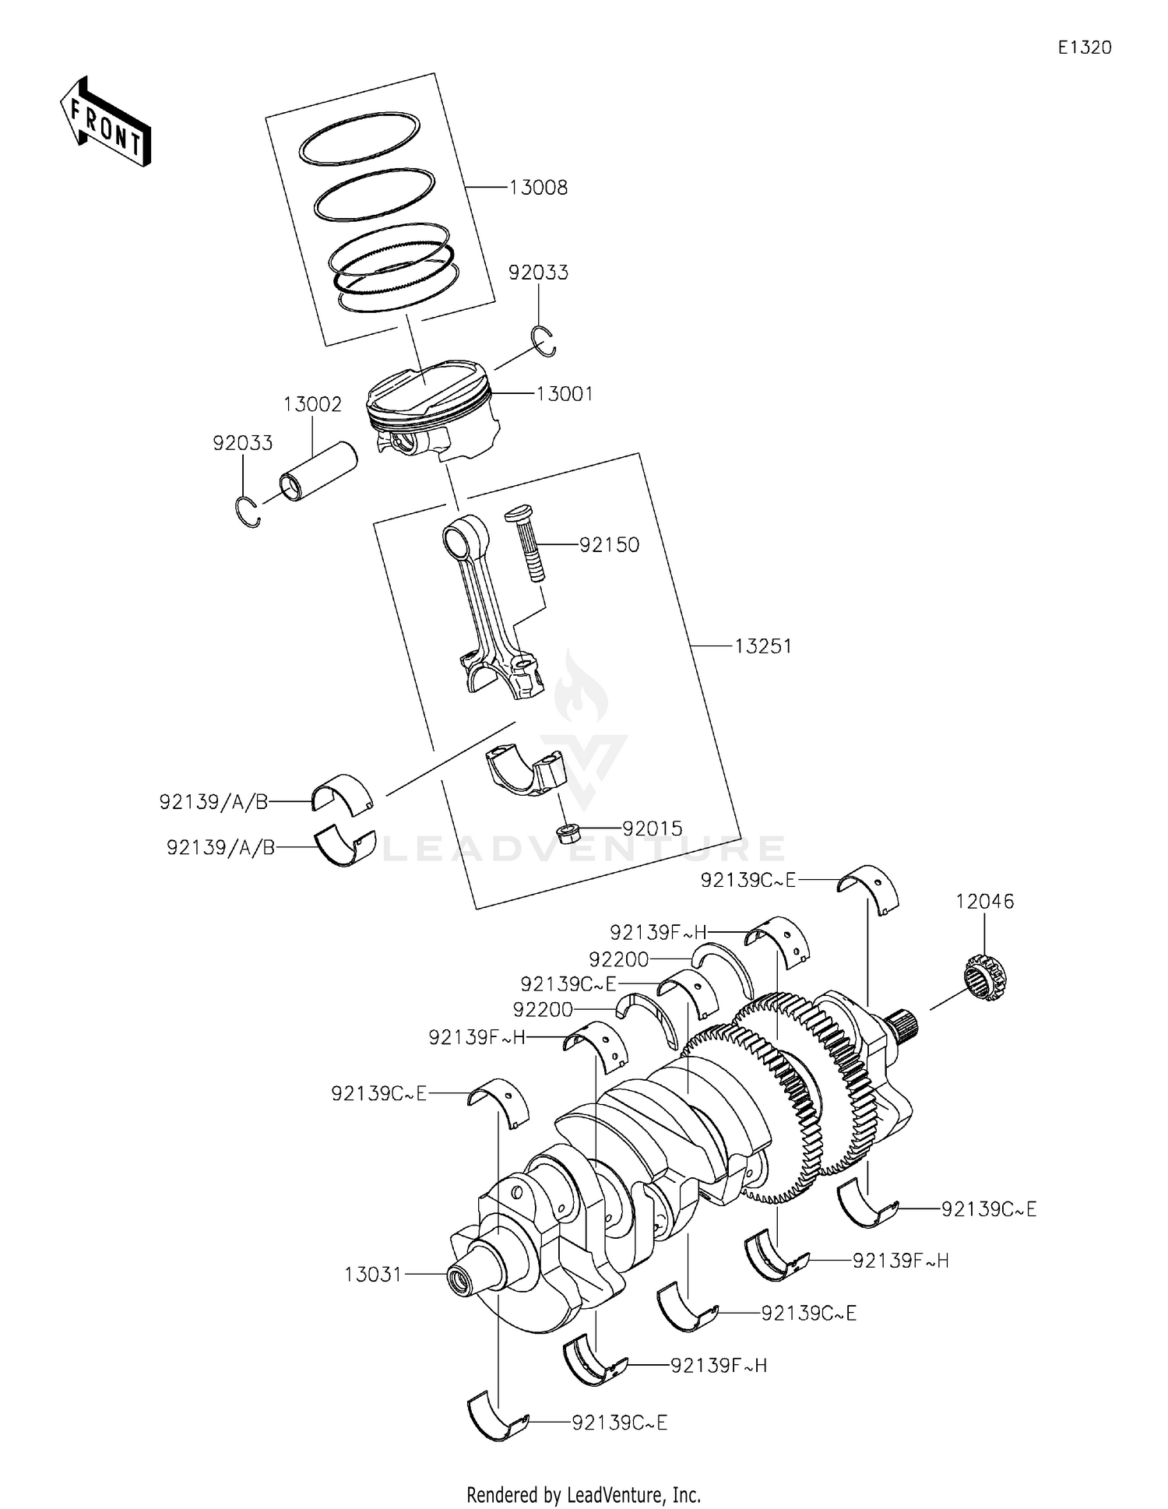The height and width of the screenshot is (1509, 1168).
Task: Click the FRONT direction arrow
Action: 105,122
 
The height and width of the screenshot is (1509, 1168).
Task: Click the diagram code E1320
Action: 1084,47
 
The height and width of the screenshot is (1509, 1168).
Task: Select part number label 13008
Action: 538,188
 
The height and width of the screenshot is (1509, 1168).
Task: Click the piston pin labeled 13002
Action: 318,473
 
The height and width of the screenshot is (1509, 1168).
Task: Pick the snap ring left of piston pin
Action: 247,511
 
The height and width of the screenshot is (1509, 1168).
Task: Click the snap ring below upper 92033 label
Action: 544,342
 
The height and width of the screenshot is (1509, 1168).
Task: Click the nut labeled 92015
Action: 566,832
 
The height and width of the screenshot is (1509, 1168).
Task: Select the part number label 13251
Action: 763,646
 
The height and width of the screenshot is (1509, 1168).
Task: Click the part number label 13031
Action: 373,1275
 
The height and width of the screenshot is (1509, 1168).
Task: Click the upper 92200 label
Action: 619,959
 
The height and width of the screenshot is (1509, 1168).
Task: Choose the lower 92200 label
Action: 543,1010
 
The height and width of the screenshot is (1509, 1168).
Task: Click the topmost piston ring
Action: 360,138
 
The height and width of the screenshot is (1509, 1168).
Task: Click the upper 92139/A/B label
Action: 214,801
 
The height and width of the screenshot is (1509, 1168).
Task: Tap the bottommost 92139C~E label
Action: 620,1423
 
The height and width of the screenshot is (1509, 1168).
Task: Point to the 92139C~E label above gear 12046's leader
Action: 748,880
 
